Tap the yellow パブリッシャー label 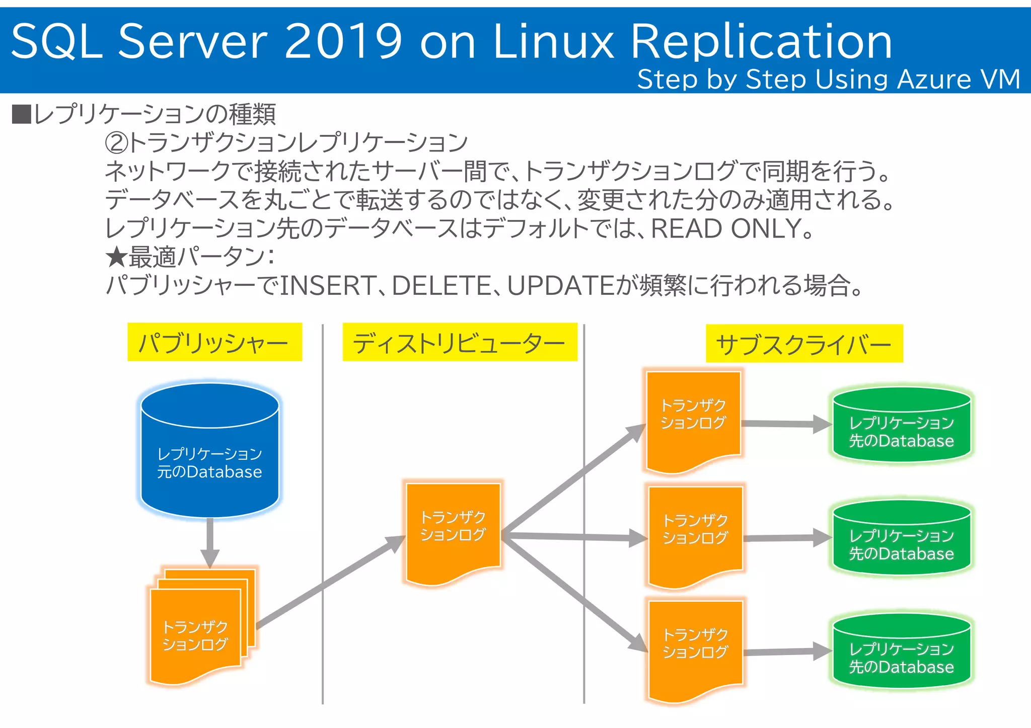(214, 343)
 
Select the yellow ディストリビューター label (460, 343)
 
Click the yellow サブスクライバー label (804, 344)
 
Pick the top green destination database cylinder (901, 426)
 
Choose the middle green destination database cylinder (901, 538)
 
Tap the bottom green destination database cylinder (901, 652)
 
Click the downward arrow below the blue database (210, 543)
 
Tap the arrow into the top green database (785, 424)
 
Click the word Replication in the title (761, 42)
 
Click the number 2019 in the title (343, 42)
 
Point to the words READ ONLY (725, 229)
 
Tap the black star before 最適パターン (116, 258)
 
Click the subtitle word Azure (934, 80)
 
